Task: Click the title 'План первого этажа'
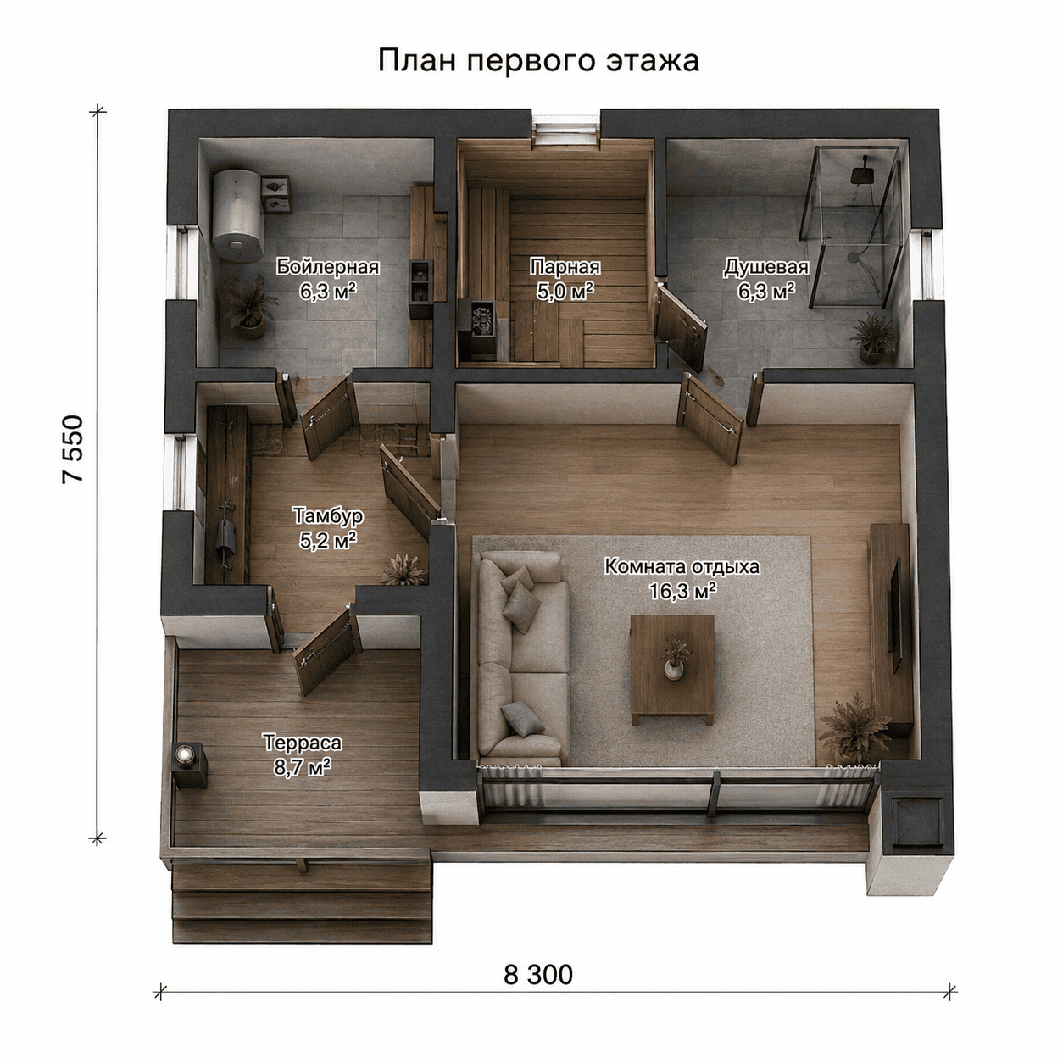point(538,61)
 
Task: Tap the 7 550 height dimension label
point(73,449)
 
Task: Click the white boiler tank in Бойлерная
point(237,214)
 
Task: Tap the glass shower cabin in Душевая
point(854,226)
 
